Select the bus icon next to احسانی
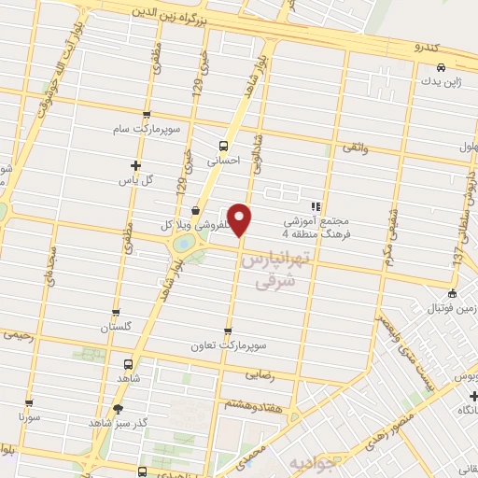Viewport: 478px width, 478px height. (x=222, y=146)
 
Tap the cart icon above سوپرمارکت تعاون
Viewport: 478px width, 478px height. (x=229, y=330)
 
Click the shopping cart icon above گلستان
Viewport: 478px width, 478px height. (x=115, y=313)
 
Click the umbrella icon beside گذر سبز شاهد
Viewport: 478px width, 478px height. (x=117, y=408)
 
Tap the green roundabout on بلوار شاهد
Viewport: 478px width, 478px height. (x=185, y=244)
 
